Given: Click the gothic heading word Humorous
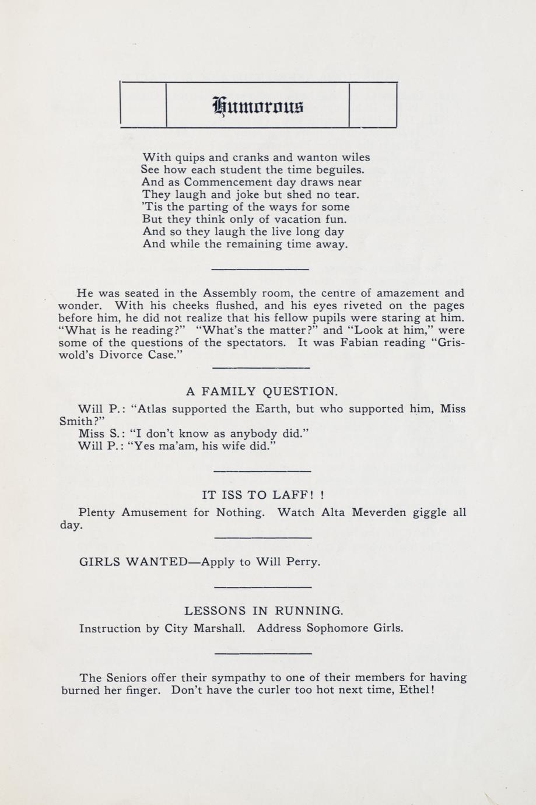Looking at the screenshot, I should click(258, 107).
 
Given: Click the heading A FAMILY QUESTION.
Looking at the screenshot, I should click(261, 391).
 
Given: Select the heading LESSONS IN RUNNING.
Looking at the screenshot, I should click(264, 611).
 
